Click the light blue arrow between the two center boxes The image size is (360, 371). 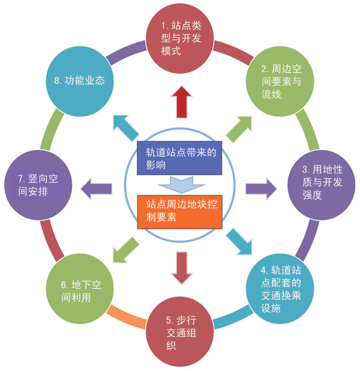click(x=180, y=183)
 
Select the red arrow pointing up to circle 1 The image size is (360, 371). click(x=181, y=101)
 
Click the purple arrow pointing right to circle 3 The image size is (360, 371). click(x=261, y=187)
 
